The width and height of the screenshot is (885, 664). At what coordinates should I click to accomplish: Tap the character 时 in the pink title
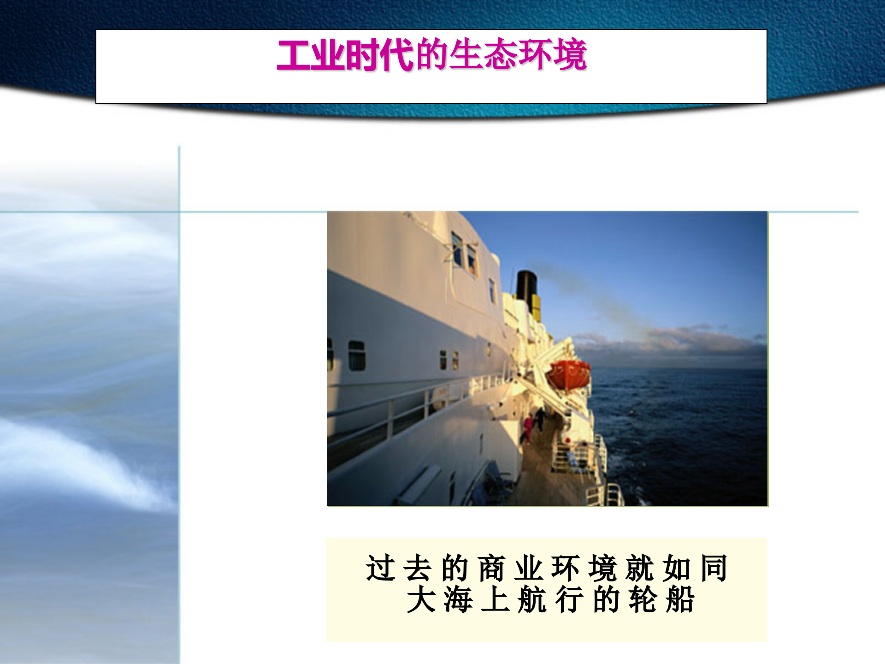click(362, 55)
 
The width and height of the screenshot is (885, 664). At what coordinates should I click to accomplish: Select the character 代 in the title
click(397, 55)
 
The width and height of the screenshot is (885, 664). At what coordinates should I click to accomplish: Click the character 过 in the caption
click(381, 568)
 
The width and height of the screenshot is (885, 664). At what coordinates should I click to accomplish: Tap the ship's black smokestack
click(526, 286)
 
